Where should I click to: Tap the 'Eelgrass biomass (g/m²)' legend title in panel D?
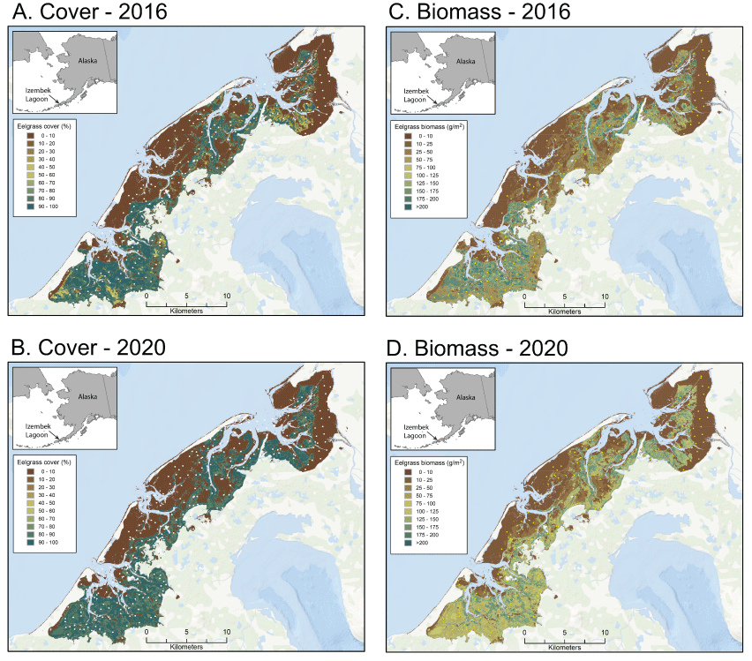pyautogui.click(x=431, y=462)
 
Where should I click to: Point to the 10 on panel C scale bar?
pyautogui.click(x=604, y=297)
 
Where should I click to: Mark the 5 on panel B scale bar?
pyautogui.click(x=186, y=632)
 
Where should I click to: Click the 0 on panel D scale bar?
pyautogui.click(x=524, y=632)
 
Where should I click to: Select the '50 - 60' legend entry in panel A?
pyautogui.click(x=41, y=177)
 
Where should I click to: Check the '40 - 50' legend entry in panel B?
pyautogui.click(x=41, y=504)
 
